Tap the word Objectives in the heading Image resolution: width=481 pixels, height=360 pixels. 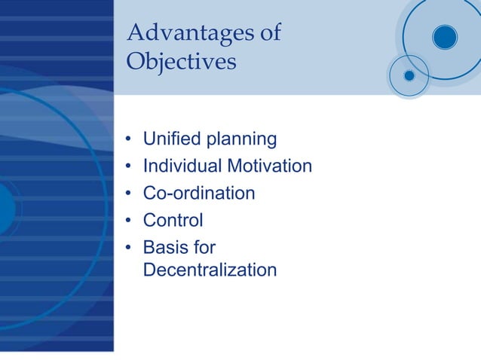(x=181, y=61)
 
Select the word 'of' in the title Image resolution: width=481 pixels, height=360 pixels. (x=269, y=33)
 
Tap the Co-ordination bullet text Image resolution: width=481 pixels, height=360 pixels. (x=199, y=194)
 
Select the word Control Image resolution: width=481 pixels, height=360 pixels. (x=173, y=221)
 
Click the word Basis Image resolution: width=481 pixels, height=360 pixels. (x=166, y=248)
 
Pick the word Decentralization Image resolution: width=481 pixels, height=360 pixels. (x=210, y=270)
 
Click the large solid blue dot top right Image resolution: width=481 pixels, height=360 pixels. (x=445, y=37)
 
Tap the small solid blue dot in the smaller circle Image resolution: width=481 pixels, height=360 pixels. (x=409, y=75)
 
